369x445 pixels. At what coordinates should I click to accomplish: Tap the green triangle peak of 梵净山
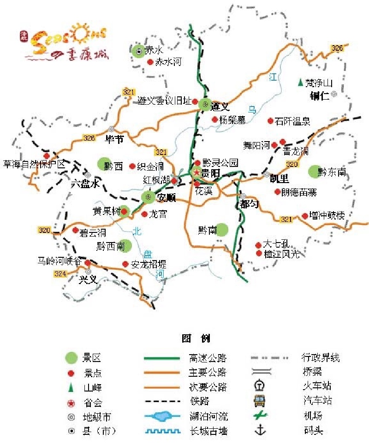[x=300, y=83]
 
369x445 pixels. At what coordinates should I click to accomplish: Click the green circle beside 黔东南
[x=315, y=172]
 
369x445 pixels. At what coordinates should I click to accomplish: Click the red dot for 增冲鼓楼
[x=305, y=215]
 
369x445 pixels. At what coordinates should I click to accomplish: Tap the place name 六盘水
[x=85, y=184]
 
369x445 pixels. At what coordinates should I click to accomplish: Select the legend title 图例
[x=196, y=339]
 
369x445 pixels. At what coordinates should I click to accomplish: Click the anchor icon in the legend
[x=262, y=431]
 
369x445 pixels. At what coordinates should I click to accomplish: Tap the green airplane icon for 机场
[x=262, y=416]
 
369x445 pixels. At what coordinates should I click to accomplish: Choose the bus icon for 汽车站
[x=262, y=401]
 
